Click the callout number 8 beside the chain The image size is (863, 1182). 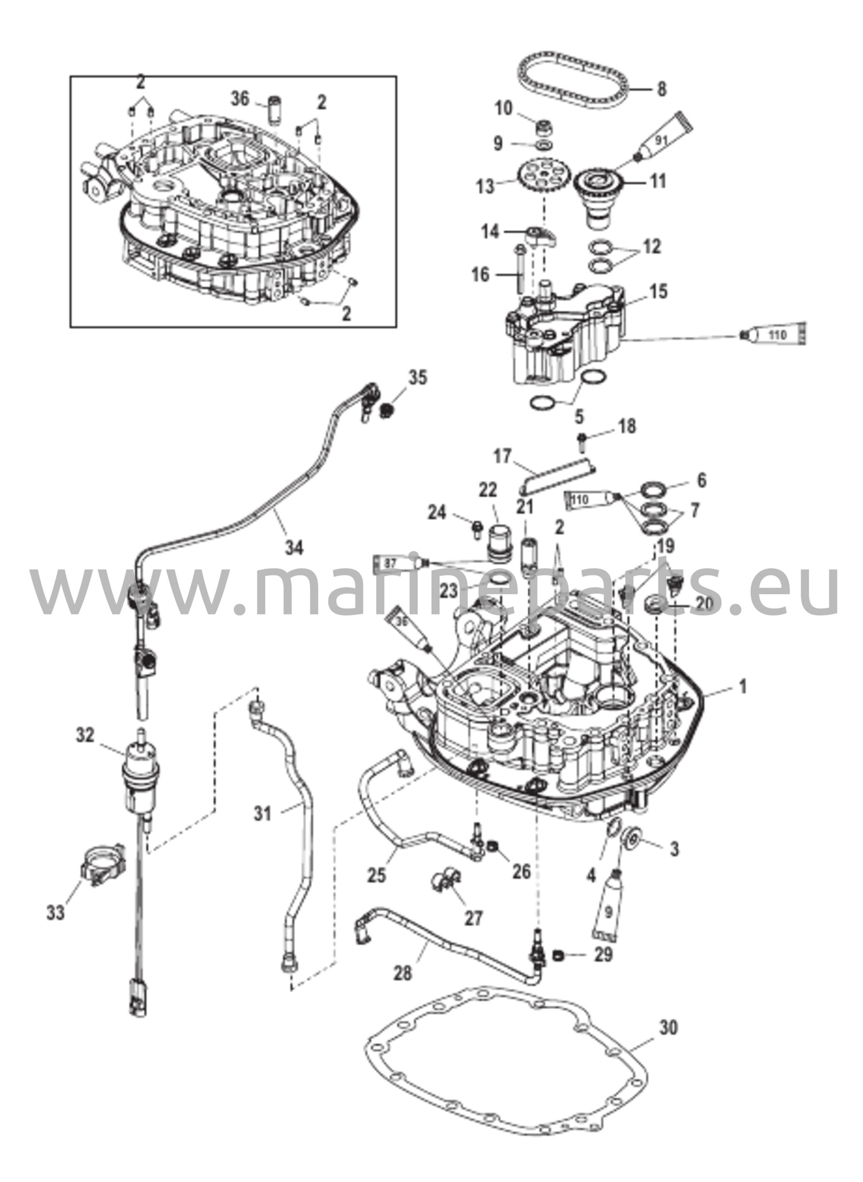(x=662, y=89)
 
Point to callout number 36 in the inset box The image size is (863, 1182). (x=240, y=99)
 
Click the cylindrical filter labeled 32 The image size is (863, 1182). (x=140, y=773)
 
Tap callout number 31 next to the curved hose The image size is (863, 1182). (x=263, y=814)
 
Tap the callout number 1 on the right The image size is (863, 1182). (x=743, y=686)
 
